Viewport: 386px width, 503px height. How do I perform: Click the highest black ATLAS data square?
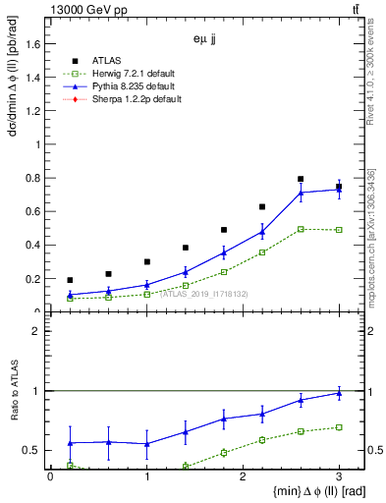coord(301,179)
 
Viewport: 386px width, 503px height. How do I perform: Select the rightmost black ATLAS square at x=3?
coord(339,187)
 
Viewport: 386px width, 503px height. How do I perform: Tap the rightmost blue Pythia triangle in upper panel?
coord(339,190)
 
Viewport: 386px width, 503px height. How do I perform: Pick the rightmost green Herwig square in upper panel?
coord(339,230)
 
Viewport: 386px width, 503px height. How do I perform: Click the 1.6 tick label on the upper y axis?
coord(32,43)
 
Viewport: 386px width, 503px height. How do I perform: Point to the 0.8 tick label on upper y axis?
coord(32,178)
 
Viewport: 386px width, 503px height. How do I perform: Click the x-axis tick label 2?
coord(243,476)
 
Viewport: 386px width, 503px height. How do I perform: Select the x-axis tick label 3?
coord(339,476)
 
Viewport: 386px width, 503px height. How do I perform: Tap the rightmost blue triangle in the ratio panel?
coord(339,393)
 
